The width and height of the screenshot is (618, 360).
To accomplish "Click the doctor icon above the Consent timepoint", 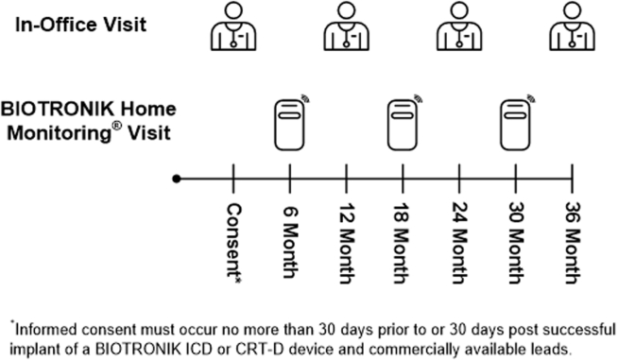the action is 232,29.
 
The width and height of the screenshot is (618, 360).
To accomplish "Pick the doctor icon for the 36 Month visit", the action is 573,29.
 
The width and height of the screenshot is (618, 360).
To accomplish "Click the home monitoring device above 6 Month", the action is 288,124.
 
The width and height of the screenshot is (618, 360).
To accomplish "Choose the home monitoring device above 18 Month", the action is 403,124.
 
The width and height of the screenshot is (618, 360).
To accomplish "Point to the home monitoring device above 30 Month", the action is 516,124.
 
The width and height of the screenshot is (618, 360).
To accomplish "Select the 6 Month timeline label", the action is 289,232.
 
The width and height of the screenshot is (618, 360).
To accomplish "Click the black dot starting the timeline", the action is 176,178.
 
